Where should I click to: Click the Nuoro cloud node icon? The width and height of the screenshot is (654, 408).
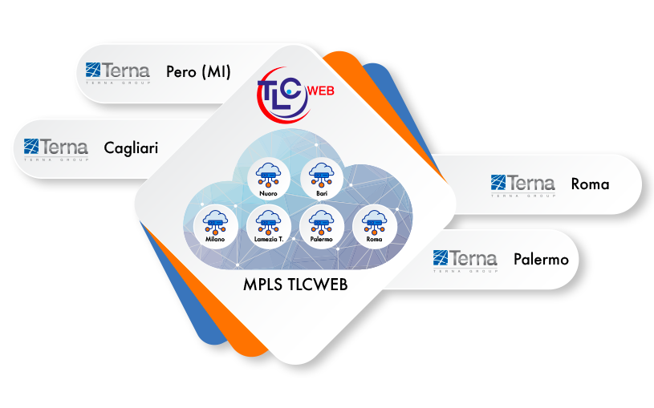click(269, 179)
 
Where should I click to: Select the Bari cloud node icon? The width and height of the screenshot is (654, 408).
click(322, 179)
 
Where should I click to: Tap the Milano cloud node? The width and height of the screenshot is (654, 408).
click(216, 227)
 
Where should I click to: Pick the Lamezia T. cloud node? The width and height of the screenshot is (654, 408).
click(269, 227)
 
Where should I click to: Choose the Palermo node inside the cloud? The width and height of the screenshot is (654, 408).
click(322, 227)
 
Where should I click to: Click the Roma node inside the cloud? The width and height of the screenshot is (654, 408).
click(375, 227)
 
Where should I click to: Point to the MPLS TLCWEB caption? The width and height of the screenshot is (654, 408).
click(295, 285)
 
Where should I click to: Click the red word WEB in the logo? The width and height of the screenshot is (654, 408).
click(321, 91)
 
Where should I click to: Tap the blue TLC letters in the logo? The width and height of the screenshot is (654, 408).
click(278, 93)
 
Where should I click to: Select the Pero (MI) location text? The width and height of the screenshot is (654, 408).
click(198, 71)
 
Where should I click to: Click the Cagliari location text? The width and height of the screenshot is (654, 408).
click(131, 148)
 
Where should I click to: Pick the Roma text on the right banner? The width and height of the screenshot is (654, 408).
click(590, 184)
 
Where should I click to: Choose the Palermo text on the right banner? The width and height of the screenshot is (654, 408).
click(541, 259)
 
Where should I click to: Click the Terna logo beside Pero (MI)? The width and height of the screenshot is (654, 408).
click(118, 74)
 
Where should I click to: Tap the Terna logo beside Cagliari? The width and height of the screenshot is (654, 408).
click(56, 150)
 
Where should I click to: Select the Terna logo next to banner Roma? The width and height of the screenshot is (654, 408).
click(523, 186)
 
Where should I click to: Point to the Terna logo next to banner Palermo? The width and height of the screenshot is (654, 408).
click(465, 261)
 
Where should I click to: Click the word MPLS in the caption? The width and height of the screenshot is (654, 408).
click(263, 285)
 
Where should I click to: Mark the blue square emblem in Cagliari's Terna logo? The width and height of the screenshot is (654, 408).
click(31, 146)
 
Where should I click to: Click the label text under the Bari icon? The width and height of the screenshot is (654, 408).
click(322, 193)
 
